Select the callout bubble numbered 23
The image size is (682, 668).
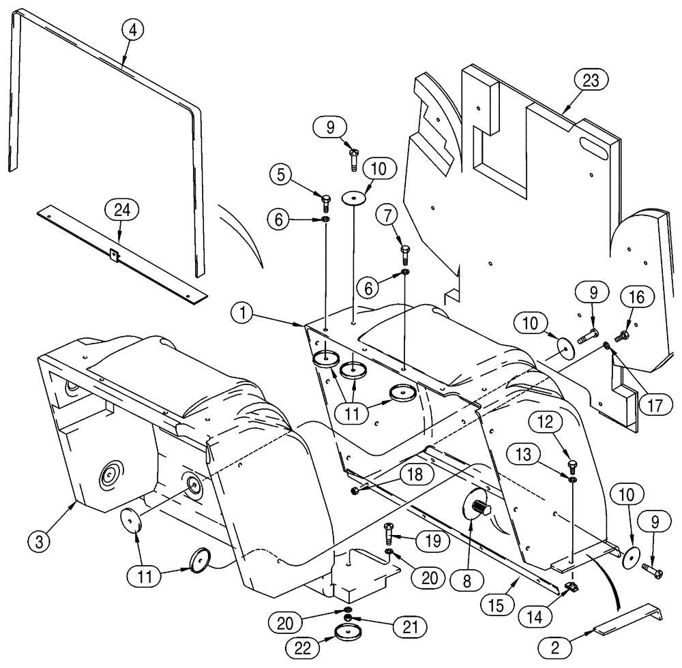click(x=590, y=81)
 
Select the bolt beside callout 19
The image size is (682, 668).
click(x=389, y=528)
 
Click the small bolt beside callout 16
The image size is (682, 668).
click(x=621, y=335)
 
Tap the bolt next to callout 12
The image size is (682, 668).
click(x=571, y=467)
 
